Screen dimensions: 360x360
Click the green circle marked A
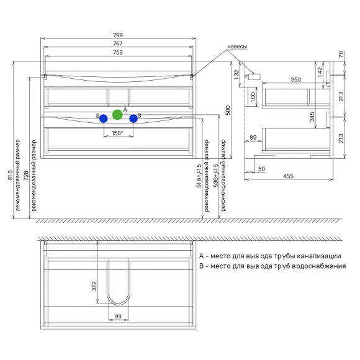[x=117, y=115]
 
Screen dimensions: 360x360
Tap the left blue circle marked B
[x=104, y=119]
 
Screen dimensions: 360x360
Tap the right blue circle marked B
[x=133, y=119]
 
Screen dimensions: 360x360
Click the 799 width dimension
[x=118, y=35]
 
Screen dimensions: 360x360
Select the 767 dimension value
[x=118, y=43]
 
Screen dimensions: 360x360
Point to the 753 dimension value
[x=118, y=52]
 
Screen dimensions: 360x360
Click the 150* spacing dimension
[x=117, y=133]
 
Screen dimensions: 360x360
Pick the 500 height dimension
[x=228, y=110]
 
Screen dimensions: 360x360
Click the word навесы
[x=237, y=47]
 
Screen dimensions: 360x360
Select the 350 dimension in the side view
[x=295, y=79]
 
